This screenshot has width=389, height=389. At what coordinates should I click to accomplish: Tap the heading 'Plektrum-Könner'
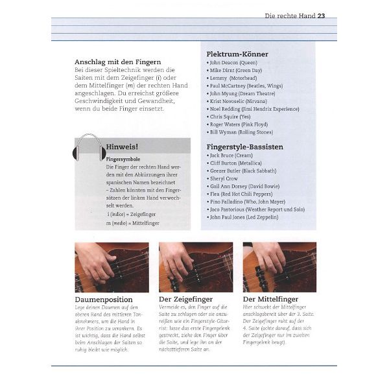(x=237, y=54)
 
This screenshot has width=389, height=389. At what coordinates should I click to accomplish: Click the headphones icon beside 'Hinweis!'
(x=89, y=148)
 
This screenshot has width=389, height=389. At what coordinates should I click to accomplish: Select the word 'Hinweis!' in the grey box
(x=122, y=147)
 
